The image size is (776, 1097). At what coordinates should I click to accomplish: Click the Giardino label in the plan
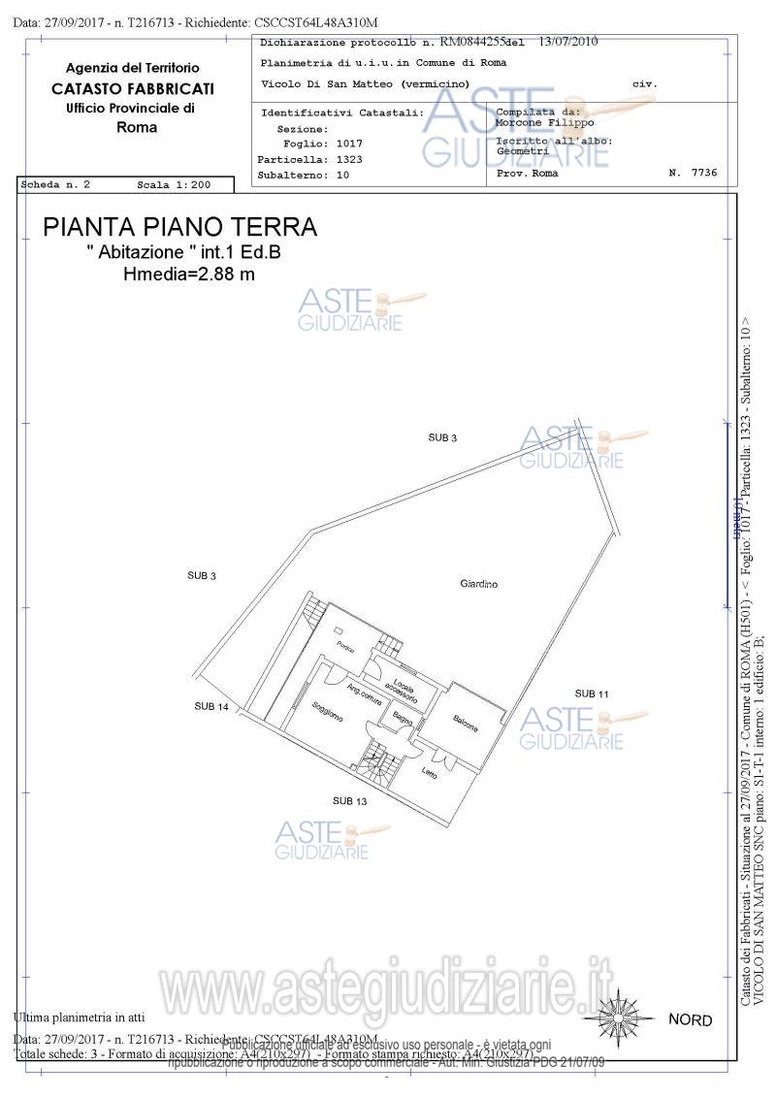[479, 584]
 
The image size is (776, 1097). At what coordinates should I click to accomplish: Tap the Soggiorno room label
[328, 714]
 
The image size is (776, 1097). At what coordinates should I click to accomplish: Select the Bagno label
[403, 720]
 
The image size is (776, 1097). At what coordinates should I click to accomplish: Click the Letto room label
[430, 773]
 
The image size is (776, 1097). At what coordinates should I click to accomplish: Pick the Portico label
[345, 647]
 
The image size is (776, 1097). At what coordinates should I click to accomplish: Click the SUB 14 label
[210, 706]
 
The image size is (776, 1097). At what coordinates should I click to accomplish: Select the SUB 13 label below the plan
[349, 801]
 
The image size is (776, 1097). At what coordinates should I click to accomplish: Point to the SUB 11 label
[592, 694]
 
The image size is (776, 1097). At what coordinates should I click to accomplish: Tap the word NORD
[690, 1020]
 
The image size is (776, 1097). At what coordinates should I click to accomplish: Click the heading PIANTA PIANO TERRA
[180, 227]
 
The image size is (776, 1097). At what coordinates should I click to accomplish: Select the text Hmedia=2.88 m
[189, 274]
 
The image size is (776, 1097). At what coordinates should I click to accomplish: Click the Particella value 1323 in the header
[349, 159]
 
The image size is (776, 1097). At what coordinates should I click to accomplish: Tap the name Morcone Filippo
[544, 123]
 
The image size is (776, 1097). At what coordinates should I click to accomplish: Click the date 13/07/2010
[567, 42]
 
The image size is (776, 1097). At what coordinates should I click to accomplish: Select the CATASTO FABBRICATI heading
[133, 88]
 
